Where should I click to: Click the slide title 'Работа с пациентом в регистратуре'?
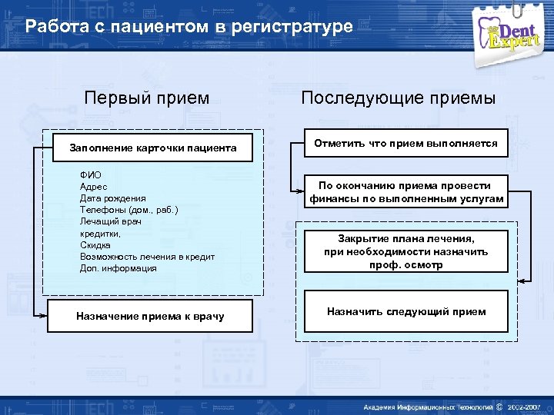(189, 27)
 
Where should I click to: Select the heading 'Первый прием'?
(146, 98)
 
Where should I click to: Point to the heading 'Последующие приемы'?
(399, 98)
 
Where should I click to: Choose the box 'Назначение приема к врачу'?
(151, 316)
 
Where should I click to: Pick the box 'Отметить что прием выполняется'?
(405, 144)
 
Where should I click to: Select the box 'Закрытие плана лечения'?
(405, 251)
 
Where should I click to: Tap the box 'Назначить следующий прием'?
(405, 311)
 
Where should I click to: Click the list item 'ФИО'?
(90, 175)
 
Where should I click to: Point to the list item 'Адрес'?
(94, 187)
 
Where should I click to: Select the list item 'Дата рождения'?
(112, 198)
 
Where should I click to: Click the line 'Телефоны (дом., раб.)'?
(128, 210)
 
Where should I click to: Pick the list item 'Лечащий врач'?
(111, 221)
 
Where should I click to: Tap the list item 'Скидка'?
(95, 245)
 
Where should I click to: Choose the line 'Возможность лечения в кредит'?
(147, 257)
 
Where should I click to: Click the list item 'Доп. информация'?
(118, 268)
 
